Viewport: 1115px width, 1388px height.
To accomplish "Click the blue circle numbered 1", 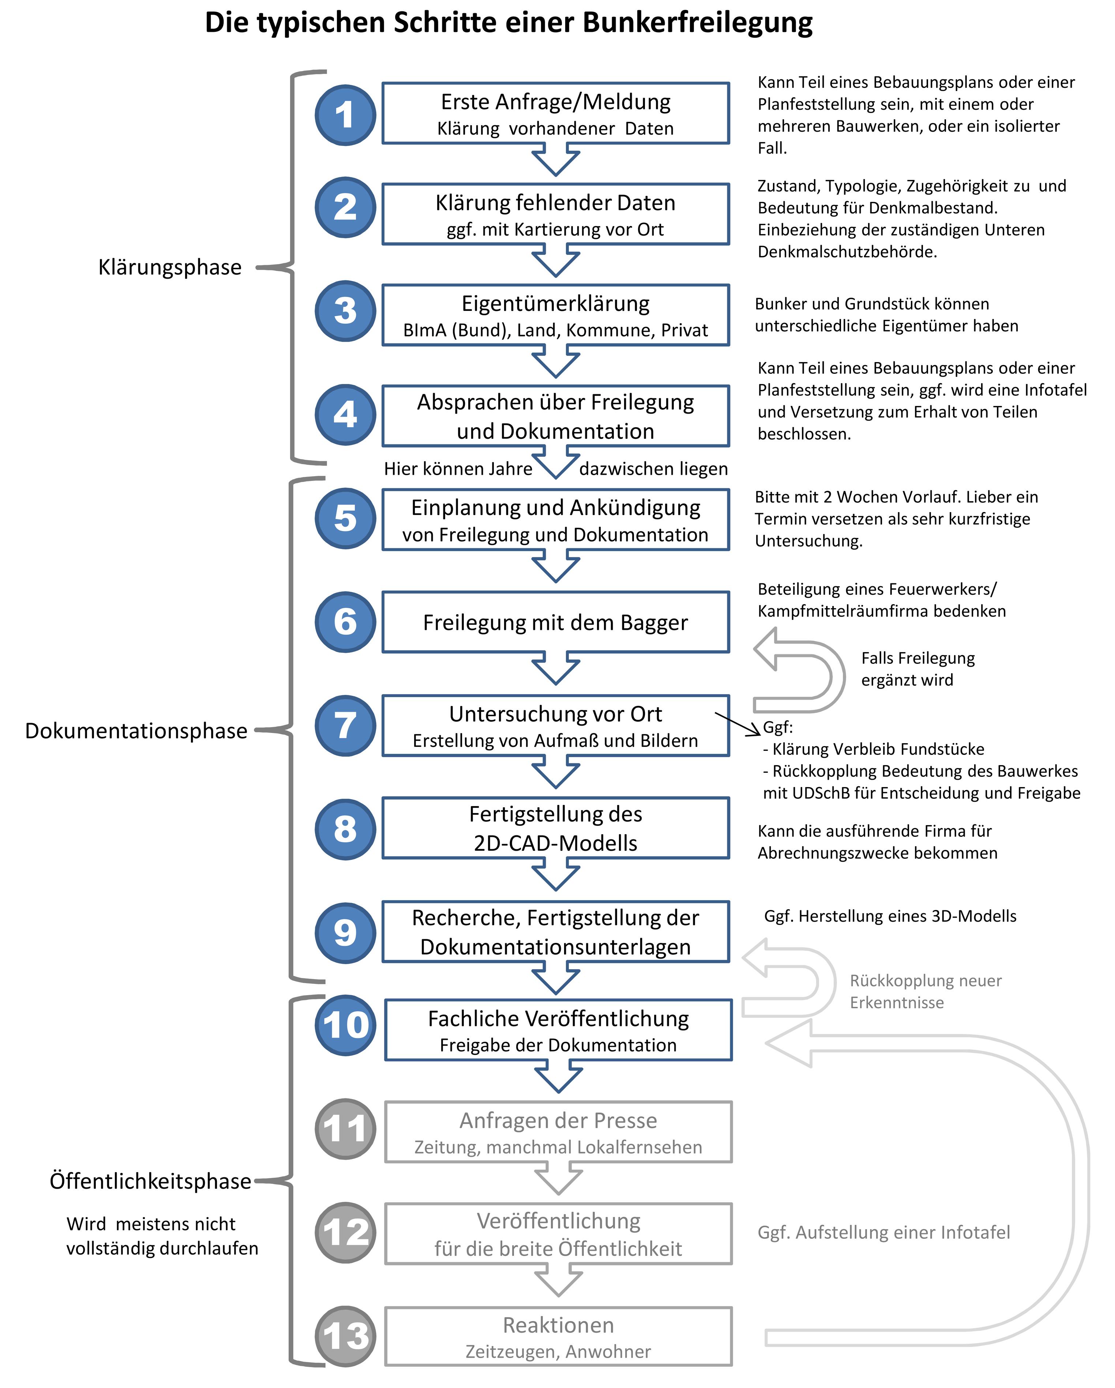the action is [x=345, y=114].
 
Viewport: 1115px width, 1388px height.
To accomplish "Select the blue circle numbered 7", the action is [x=345, y=726].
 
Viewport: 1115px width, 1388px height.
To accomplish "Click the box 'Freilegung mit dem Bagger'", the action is [x=556, y=622].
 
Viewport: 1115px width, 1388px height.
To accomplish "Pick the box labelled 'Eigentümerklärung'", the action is [x=556, y=315].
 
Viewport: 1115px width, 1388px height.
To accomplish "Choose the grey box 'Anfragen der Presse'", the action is [x=558, y=1132].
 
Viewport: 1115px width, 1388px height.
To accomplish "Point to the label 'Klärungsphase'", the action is [x=170, y=267].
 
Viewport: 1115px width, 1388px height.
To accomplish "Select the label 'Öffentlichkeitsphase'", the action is [x=151, y=1181].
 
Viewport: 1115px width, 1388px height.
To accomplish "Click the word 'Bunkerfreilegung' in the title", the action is [x=698, y=23].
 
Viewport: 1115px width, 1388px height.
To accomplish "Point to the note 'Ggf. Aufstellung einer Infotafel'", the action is [x=884, y=1232].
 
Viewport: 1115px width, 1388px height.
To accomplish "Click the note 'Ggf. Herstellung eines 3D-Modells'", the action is [x=890, y=916].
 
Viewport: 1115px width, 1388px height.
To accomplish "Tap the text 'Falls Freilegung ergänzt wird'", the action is [x=918, y=669].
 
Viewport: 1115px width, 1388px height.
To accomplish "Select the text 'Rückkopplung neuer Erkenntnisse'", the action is [x=926, y=992].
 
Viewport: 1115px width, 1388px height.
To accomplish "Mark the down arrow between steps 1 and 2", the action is [x=556, y=159].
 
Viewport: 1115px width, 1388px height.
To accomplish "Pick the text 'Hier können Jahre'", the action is [x=458, y=469].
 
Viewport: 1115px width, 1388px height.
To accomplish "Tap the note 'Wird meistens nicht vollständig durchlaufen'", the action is [x=162, y=1236].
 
